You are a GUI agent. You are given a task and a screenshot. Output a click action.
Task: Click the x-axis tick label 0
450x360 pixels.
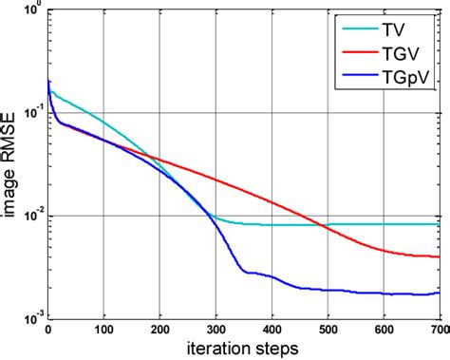click(x=47, y=332)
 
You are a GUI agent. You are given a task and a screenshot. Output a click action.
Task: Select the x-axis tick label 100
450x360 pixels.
click(x=103, y=332)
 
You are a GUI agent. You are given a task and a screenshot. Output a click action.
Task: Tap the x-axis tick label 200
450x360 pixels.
click(x=159, y=332)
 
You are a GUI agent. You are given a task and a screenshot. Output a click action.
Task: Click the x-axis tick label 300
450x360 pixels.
click(x=216, y=332)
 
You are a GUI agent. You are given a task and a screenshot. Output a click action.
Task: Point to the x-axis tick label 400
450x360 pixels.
click(x=272, y=332)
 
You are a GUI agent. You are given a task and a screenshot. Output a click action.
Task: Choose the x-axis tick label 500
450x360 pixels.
click(x=328, y=332)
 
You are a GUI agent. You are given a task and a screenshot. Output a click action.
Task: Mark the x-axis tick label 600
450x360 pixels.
click(x=384, y=332)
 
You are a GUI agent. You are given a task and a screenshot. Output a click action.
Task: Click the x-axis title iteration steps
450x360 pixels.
click(x=243, y=349)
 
